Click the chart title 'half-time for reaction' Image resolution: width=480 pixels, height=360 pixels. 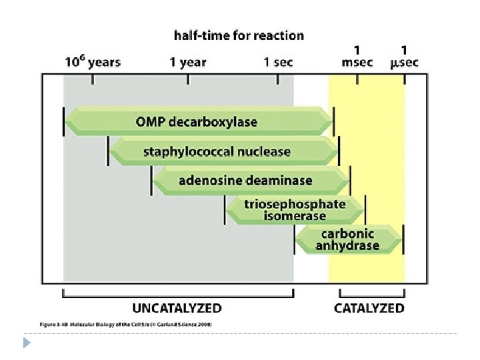click(x=239, y=35)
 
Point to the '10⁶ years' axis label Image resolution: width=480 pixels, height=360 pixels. click(x=92, y=63)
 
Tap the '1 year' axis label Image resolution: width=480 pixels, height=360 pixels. click(x=187, y=63)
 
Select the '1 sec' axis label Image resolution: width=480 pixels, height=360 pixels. click(x=277, y=63)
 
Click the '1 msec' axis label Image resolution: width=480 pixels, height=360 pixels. click(x=357, y=56)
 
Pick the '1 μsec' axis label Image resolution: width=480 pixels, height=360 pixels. click(x=404, y=56)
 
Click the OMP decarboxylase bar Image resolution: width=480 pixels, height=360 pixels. click(x=198, y=122)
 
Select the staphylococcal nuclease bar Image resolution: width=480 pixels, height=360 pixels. click(x=223, y=151)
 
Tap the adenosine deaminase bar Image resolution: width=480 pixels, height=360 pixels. click(x=251, y=181)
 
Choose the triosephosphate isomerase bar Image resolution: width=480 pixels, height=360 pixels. click(x=295, y=210)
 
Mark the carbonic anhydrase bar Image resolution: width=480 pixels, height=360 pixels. click(x=348, y=239)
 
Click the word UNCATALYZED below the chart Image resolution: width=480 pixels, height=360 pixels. click(x=177, y=308)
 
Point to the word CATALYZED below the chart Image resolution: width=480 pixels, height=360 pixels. click(x=369, y=308)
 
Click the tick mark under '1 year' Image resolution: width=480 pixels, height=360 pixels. click(x=188, y=79)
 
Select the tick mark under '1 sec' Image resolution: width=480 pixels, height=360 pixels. click(x=277, y=79)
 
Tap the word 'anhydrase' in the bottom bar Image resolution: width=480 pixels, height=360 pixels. click(x=347, y=245)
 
